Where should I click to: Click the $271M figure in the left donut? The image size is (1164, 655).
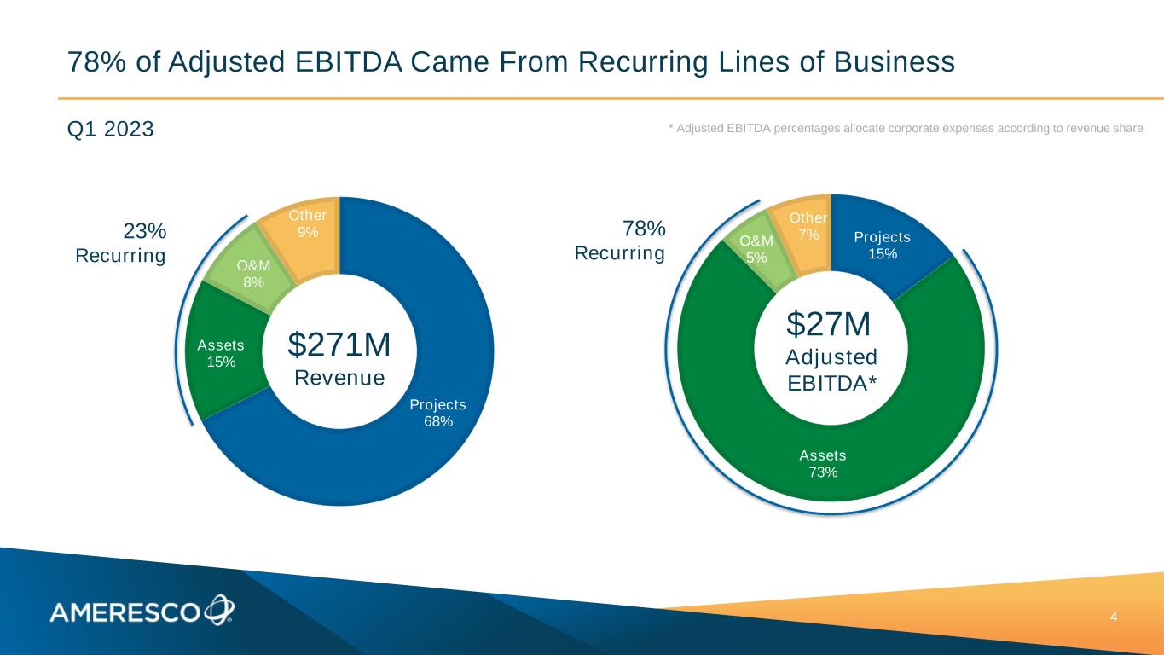[x=339, y=345]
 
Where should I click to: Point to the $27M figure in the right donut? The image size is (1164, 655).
[x=828, y=324]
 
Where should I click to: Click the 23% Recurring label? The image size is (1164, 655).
[x=128, y=243]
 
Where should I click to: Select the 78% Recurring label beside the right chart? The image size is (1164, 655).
[x=626, y=241]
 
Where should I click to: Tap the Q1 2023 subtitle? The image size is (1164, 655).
[x=110, y=129]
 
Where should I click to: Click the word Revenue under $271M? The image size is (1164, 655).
[x=339, y=377]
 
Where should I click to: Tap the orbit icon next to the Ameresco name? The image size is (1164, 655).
[x=218, y=609]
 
